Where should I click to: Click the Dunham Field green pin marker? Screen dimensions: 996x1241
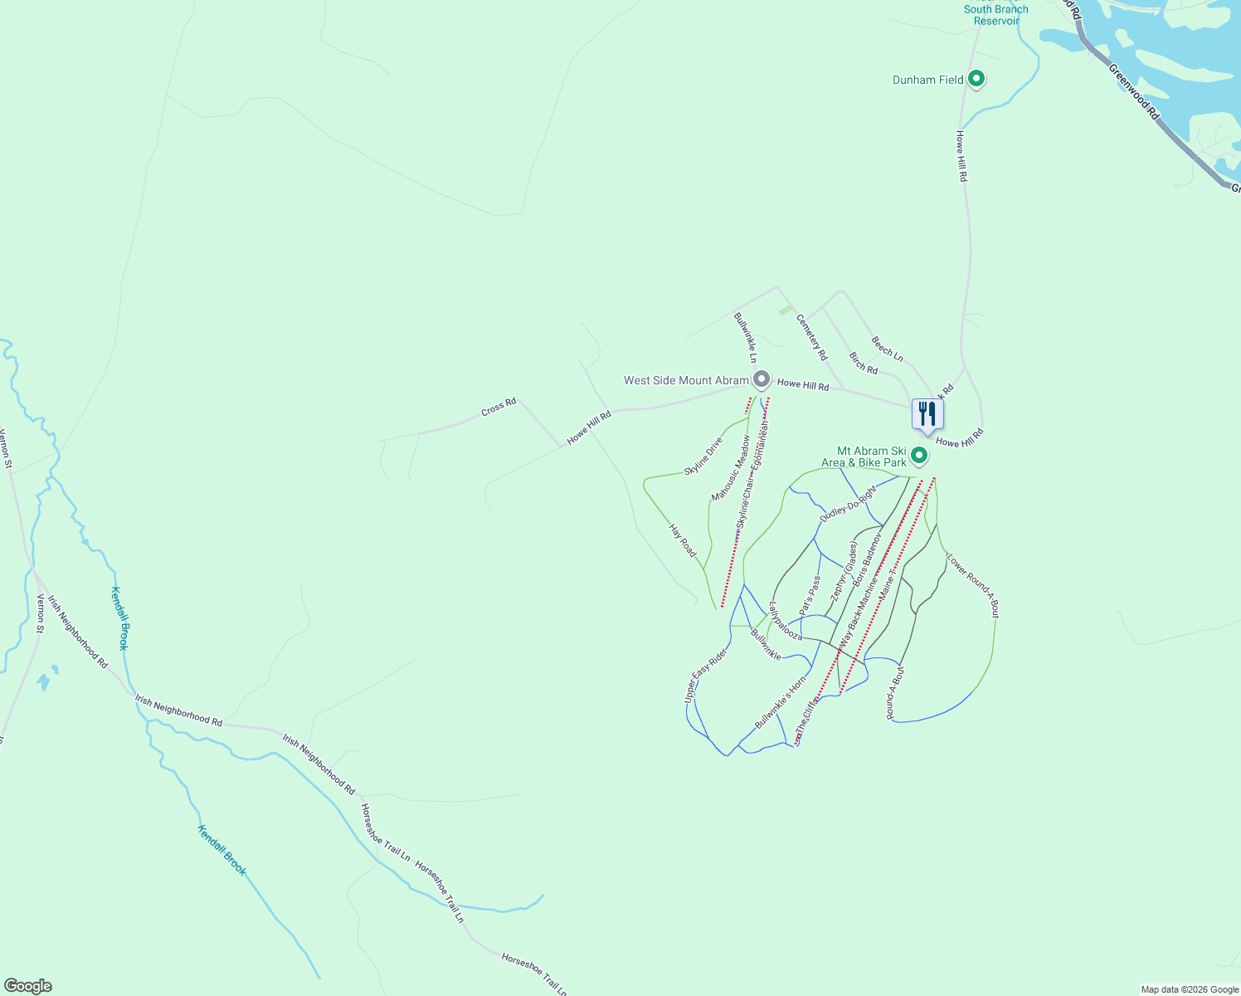[976, 80]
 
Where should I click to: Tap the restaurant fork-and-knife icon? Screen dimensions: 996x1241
[927, 414]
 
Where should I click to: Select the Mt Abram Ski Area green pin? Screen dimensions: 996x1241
[918, 456]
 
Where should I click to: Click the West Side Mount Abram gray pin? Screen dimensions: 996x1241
[761, 380]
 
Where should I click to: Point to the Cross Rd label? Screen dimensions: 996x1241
[499, 408]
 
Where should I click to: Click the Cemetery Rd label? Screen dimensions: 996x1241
[811, 337]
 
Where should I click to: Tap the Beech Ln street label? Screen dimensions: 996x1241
[887, 349]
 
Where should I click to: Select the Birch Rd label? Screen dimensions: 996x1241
[864, 363]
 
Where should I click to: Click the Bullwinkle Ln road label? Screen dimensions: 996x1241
[745, 337]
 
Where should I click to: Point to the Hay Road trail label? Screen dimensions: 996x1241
[683, 540]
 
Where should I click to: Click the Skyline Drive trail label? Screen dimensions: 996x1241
[703, 456]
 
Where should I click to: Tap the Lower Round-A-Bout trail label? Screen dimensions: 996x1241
[973, 585]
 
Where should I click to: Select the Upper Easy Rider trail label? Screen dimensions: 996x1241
[706, 676]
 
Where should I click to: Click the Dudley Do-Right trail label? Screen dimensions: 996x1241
[848, 504]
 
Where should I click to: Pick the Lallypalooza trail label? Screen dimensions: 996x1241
[785, 621]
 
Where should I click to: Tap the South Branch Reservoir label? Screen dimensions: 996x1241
[995, 15]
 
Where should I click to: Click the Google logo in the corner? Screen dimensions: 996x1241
[27, 986]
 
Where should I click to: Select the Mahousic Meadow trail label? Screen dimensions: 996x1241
[730, 469]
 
